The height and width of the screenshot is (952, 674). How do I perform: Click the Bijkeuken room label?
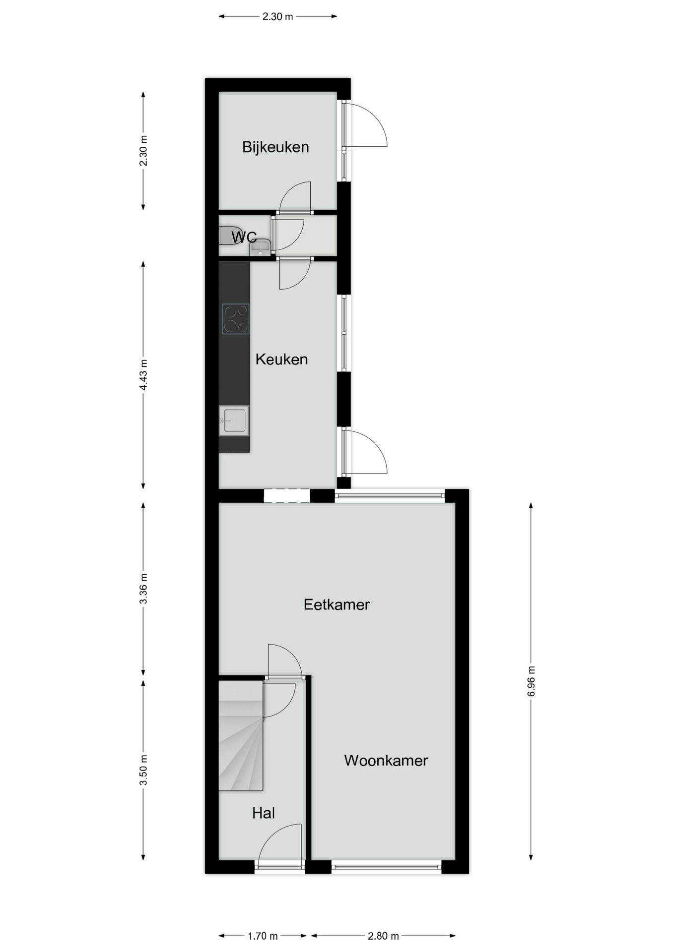pos(275,147)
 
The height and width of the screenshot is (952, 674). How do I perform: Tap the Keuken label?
pos(281,359)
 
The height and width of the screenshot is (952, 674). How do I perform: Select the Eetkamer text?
pos(337,604)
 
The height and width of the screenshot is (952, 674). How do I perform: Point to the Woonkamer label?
pos(386,761)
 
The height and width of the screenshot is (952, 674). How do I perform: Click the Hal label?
pos(263,813)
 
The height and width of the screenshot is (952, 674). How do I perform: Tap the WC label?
pos(244,238)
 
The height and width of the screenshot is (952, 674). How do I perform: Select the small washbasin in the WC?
pos(260,247)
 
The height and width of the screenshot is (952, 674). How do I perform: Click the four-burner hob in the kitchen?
pos(236,319)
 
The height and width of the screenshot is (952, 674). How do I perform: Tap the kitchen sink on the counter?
pos(234,420)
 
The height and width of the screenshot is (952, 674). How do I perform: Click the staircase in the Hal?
pos(241,735)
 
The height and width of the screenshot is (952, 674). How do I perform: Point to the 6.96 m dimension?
pos(531,681)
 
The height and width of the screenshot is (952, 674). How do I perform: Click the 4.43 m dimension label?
pos(143,374)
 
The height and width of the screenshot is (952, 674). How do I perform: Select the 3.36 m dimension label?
pos(143,589)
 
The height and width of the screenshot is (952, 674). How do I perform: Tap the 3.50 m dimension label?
pos(143,770)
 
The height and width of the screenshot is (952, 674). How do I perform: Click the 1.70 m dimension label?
pos(263,936)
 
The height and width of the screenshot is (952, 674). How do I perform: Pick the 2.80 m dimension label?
pos(383,936)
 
